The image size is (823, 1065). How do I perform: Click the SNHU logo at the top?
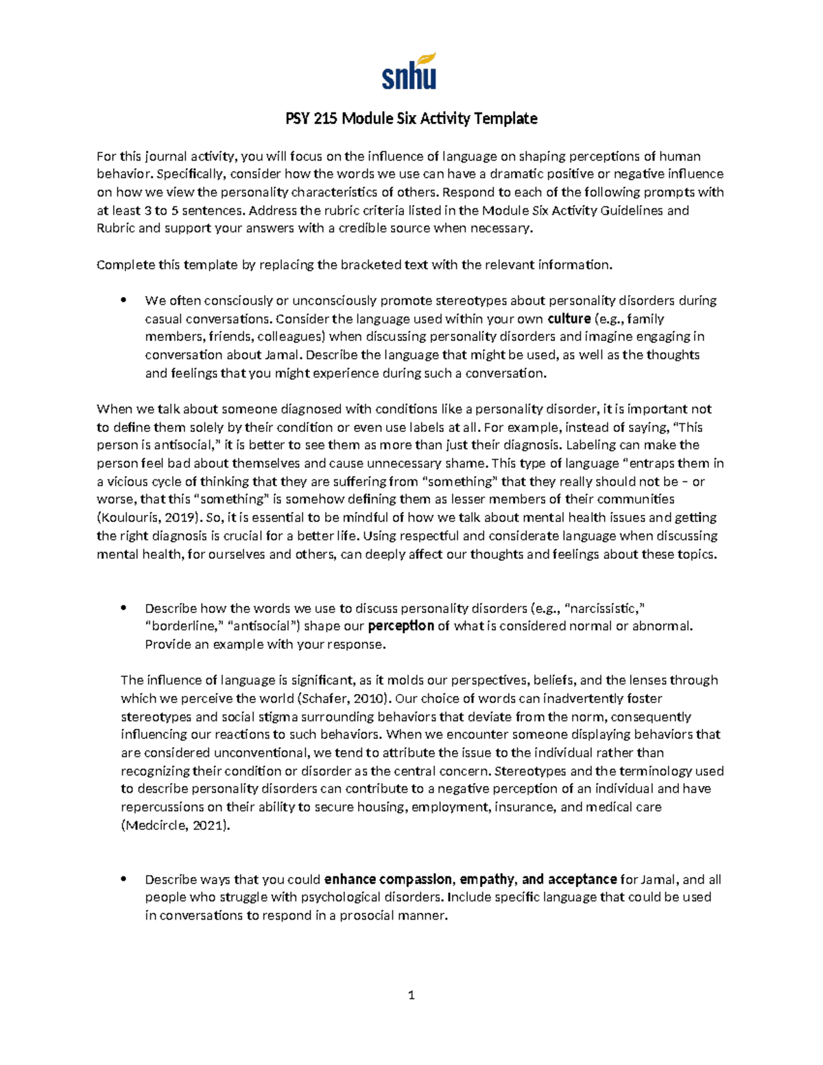click(x=409, y=71)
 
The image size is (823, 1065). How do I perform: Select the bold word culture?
click(x=569, y=319)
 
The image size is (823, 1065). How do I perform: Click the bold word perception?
click(x=401, y=626)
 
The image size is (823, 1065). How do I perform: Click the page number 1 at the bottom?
click(x=411, y=995)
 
